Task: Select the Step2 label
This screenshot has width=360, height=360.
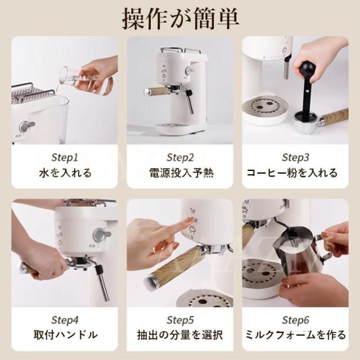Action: pyautogui.click(x=180, y=157)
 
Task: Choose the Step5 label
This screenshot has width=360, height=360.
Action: pyautogui.click(x=180, y=320)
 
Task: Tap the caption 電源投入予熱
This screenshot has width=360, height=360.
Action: pyautogui.click(x=180, y=173)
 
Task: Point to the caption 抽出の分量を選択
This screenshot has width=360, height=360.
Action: pyautogui.click(x=180, y=336)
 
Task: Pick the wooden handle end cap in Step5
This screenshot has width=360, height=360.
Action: pyautogui.click(x=151, y=281)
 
